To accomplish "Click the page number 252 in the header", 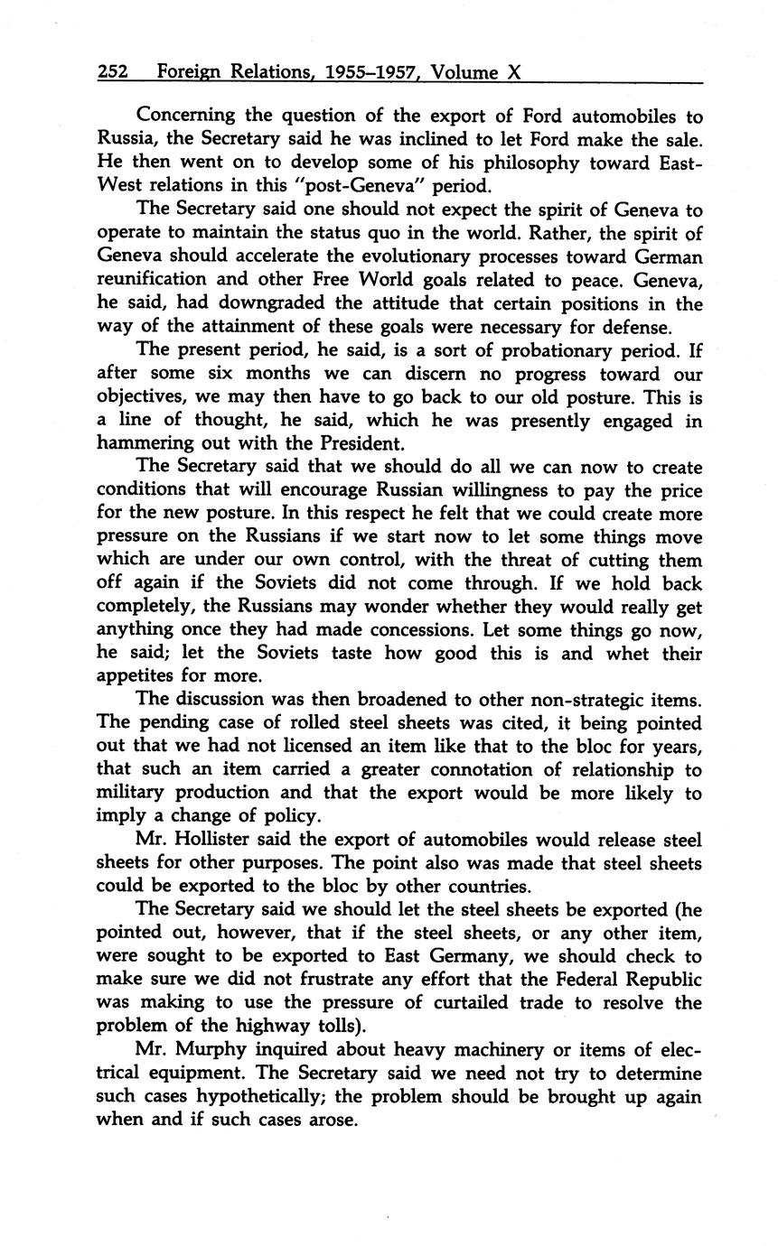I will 113,72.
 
